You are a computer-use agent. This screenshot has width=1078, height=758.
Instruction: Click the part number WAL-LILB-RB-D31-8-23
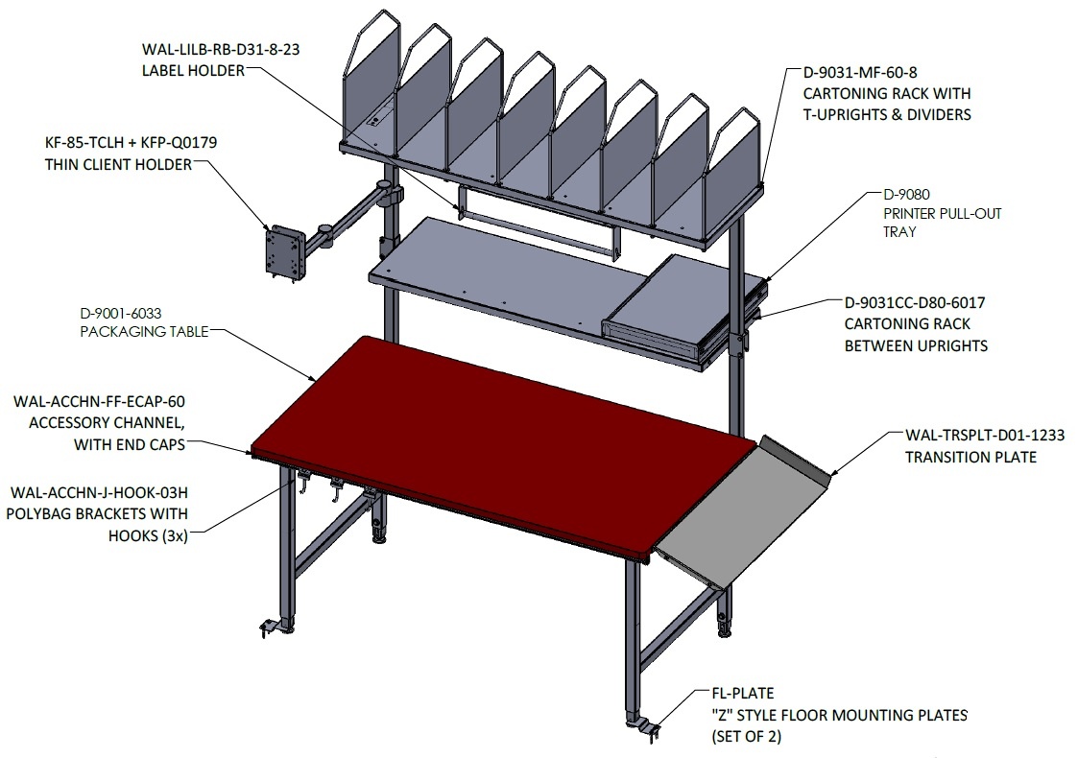(221, 50)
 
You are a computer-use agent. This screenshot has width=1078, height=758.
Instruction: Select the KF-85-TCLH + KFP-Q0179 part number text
(131, 143)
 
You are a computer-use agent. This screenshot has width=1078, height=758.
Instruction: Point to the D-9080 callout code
(906, 195)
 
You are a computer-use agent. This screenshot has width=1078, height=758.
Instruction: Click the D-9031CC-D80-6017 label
(915, 302)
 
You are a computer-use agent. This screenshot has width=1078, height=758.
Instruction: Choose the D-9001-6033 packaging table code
(121, 314)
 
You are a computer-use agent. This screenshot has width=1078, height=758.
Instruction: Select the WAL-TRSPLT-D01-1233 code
(985, 435)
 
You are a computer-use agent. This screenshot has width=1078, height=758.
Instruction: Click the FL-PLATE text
(742, 694)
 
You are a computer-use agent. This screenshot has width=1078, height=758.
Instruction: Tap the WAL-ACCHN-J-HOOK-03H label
(99, 493)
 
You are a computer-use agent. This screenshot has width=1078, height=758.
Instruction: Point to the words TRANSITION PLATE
(970, 457)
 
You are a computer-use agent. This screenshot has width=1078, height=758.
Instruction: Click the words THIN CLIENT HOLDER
(118, 165)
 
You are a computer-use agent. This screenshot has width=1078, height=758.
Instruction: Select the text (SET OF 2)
(747, 737)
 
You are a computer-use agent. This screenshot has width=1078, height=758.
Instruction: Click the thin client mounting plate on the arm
(285, 252)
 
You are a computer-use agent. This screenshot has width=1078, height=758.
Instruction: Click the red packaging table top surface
(502, 447)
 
